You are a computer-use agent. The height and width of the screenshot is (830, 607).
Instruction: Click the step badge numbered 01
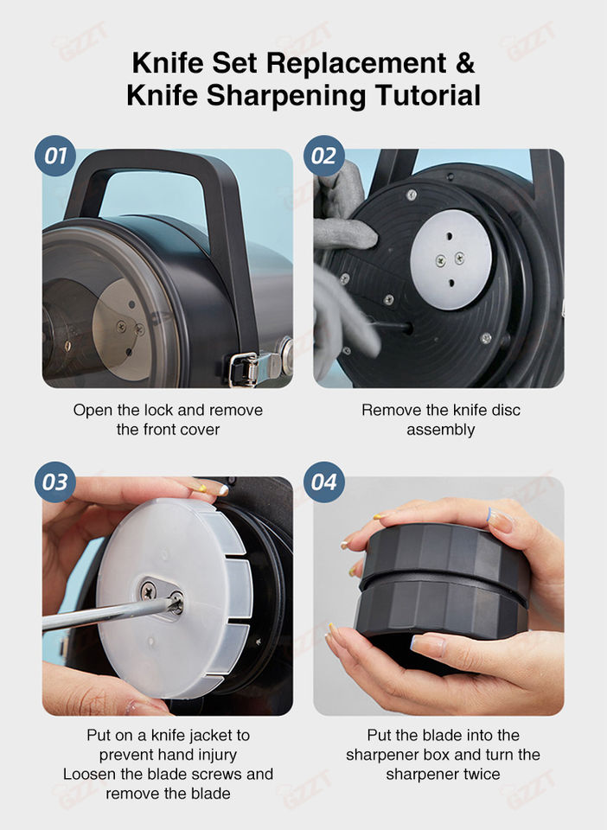(x=55, y=156)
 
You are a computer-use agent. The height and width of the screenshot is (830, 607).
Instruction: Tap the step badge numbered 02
(x=324, y=156)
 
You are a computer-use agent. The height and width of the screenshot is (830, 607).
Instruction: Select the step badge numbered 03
(x=55, y=482)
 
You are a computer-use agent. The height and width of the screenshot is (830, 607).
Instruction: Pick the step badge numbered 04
(x=324, y=482)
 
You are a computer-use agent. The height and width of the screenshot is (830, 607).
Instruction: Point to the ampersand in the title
(x=464, y=63)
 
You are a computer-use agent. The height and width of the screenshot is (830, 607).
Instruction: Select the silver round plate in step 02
(x=450, y=260)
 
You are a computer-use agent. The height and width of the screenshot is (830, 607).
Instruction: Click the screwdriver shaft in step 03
(x=105, y=615)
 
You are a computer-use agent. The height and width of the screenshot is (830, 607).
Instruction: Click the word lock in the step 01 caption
(x=160, y=410)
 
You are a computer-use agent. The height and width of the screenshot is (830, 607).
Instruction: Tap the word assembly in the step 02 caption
(x=440, y=431)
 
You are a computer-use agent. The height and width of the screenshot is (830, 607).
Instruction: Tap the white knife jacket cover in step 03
(x=175, y=597)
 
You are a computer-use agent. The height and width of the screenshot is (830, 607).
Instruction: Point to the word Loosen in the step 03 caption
(x=90, y=774)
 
